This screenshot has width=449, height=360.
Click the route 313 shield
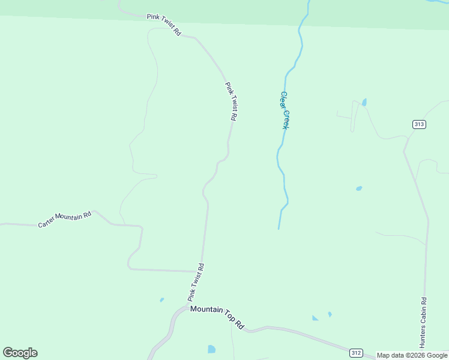[x=419, y=124]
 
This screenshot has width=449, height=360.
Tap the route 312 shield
[x=356, y=352]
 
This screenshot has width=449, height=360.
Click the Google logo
[x=20, y=353]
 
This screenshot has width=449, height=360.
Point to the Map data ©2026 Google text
[x=412, y=355]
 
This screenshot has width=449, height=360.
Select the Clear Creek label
[x=285, y=110]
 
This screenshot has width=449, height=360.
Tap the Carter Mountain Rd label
[x=65, y=219]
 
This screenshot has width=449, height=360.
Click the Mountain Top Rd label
[x=217, y=316]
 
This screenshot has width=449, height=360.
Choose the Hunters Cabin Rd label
[x=423, y=323]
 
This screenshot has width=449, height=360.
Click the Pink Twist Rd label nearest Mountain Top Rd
[x=196, y=282]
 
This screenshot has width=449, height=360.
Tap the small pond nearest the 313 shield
[x=364, y=102]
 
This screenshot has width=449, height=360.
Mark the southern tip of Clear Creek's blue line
[x=279, y=228]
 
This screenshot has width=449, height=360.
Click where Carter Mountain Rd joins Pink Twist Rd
[x=202, y=272]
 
